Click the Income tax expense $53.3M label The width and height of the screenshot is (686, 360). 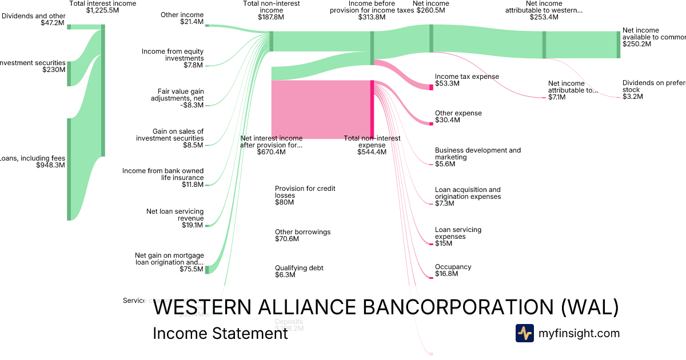pyautogui.click(x=466, y=80)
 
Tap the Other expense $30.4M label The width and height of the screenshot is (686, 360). pyautogui.click(x=458, y=117)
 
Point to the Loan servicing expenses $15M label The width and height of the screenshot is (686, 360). pyautogui.click(x=458, y=237)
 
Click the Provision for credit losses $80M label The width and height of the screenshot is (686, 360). pyautogui.click(x=305, y=195)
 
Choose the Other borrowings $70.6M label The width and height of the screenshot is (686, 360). pyautogui.click(x=302, y=235)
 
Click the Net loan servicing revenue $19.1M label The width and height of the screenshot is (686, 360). pyautogui.click(x=175, y=218)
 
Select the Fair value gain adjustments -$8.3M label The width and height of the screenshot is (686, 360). pyautogui.click(x=181, y=98)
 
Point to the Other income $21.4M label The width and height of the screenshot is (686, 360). pyautogui.click(x=182, y=18)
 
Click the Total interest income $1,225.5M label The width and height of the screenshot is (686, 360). pyautogui.click(x=102, y=7)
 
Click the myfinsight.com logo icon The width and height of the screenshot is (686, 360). pyautogui.click(x=524, y=333)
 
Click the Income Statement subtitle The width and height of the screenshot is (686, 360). pyautogui.click(x=220, y=333)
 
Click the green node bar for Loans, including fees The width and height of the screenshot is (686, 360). pyautogui.click(x=69, y=169)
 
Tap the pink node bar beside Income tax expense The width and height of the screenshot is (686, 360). pyautogui.click(x=432, y=87)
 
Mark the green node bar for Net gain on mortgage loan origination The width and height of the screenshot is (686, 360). pyautogui.click(x=208, y=269)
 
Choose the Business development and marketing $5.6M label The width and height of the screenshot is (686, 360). pyautogui.click(x=477, y=157)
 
